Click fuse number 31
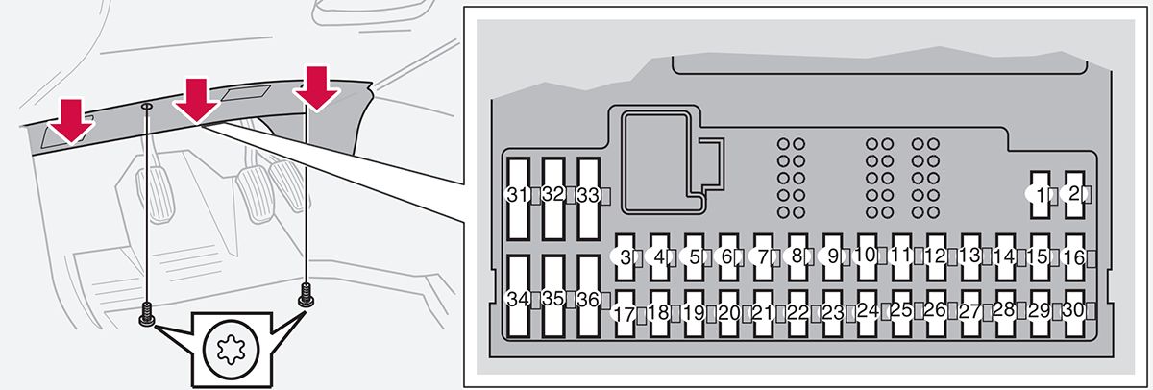tap(519, 196)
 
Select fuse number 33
tap(588, 196)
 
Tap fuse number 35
tap(553, 299)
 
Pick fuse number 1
tap(1040, 195)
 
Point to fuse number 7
tap(765, 257)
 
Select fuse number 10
tap(868, 256)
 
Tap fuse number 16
tap(1074, 257)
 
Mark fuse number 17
tap(626, 313)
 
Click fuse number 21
tap(764, 313)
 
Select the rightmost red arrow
tap(317, 87)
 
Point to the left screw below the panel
tap(146, 313)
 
